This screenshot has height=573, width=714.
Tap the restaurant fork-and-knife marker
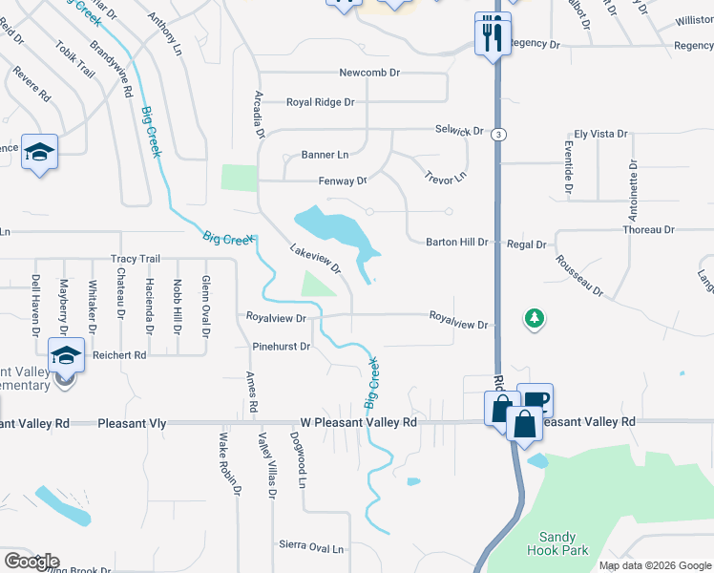[493, 35]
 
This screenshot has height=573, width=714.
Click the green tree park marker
[534, 318]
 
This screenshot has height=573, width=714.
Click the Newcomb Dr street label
[368, 73]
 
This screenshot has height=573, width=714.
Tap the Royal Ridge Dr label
[321, 102]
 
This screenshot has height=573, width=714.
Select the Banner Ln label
[325, 155]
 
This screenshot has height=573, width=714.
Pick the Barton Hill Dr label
[456, 243]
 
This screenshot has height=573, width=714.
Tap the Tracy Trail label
[136, 259]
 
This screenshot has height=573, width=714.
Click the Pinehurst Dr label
[281, 347]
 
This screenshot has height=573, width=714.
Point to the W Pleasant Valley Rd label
[359, 421]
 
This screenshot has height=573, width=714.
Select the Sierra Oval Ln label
[311, 547]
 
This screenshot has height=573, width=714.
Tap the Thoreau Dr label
[648, 230]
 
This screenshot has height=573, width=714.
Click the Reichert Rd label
[119, 354]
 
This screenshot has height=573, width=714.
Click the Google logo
[31, 562]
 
